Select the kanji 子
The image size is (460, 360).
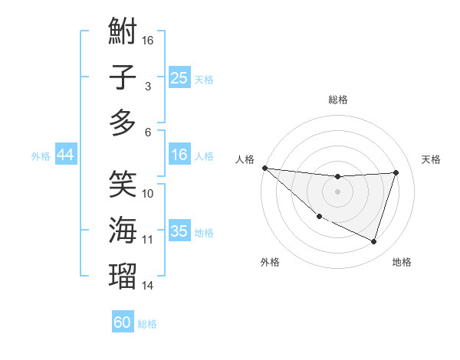[123, 78]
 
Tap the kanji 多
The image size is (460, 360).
[123, 123]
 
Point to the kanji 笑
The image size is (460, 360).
[123, 184]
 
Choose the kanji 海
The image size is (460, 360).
[123, 230]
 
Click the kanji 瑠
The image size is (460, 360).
[123, 276]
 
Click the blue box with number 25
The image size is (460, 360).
[179, 78]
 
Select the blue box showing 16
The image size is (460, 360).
[179, 155]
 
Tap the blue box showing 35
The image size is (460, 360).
[179, 231]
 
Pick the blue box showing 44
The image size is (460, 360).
[65, 155]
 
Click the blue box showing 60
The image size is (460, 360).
[123, 322]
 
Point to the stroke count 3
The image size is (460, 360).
[147, 87]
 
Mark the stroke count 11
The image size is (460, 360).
[148, 240]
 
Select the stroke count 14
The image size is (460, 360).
[148, 286]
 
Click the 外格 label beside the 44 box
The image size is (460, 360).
[41, 155]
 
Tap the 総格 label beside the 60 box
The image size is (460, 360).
[147, 324]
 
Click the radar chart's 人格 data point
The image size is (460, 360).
[264, 168]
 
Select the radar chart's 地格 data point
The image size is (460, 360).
[373, 242]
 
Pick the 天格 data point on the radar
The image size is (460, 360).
[396, 172]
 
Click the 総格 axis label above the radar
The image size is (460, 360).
[337, 100]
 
